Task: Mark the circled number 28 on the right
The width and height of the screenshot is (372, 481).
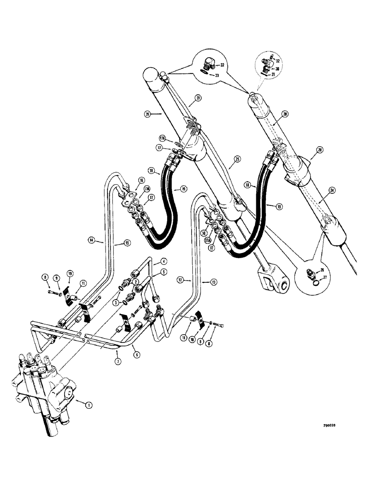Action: point(319,151)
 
